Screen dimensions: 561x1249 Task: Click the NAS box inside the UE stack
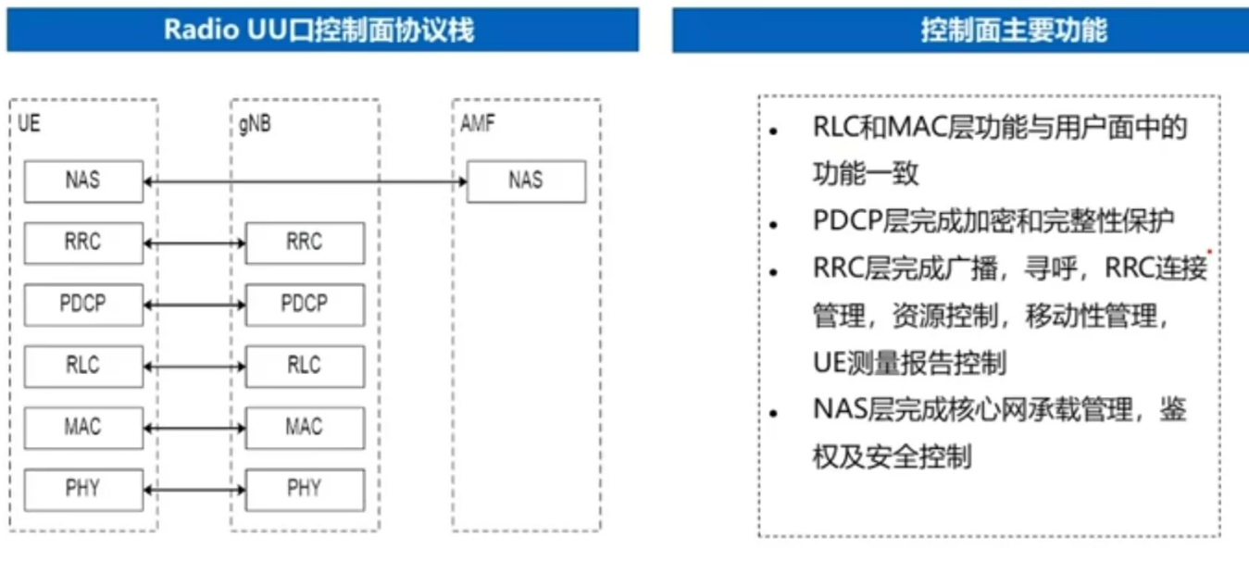click(x=83, y=181)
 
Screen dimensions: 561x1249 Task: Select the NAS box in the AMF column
click(x=526, y=181)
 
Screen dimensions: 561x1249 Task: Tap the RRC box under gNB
click(x=305, y=243)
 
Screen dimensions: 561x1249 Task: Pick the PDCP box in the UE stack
click(x=83, y=305)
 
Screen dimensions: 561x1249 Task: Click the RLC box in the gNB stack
click(x=305, y=366)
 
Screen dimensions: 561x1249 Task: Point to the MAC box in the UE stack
click(x=83, y=428)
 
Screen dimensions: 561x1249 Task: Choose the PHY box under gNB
click(x=305, y=489)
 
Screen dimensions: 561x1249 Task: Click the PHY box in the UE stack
click(x=83, y=489)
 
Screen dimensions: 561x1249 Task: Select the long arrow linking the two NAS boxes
click(x=306, y=182)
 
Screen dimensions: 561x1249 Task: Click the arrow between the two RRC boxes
click(x=194, y=243)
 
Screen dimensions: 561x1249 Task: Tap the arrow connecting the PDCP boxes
click(x=194, y=305)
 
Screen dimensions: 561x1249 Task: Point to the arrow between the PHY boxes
click(x=194, y=490)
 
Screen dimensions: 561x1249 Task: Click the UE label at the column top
click(x=29, y=123)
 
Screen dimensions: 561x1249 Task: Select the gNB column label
click(x=255, y=124)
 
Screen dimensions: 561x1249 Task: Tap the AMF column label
click(x=477, y=124)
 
